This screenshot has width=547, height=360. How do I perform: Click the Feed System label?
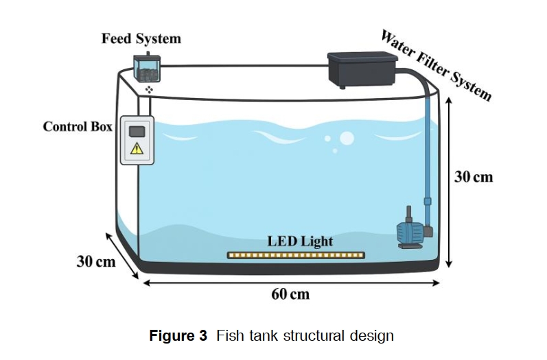tap(141, 38)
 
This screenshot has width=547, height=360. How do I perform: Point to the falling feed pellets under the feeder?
tap(149, 90)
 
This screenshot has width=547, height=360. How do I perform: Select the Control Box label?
tap(78, 126)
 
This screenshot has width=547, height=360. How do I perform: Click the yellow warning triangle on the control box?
tap(137, 149)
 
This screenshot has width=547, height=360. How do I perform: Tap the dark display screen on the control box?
tap(137, 132)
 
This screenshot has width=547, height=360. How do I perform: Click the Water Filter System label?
tap(436, 65)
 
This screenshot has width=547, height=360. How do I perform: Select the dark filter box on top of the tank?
tap(362, 70)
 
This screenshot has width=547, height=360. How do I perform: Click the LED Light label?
tap(300, 241)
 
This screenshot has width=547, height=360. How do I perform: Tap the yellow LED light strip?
tap(296, 256)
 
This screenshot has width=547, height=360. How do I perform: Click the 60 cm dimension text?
tap(290, 294)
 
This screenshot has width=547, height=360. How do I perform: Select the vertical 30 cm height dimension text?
tap(474, 177)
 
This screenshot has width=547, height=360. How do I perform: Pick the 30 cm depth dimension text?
tap(96, 261)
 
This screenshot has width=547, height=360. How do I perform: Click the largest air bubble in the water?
tap(347, 139)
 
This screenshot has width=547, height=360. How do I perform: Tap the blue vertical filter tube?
tap(428, 154)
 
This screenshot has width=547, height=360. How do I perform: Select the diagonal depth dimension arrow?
tap(122, 256)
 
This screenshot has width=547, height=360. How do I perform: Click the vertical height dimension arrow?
tap(449, 182)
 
